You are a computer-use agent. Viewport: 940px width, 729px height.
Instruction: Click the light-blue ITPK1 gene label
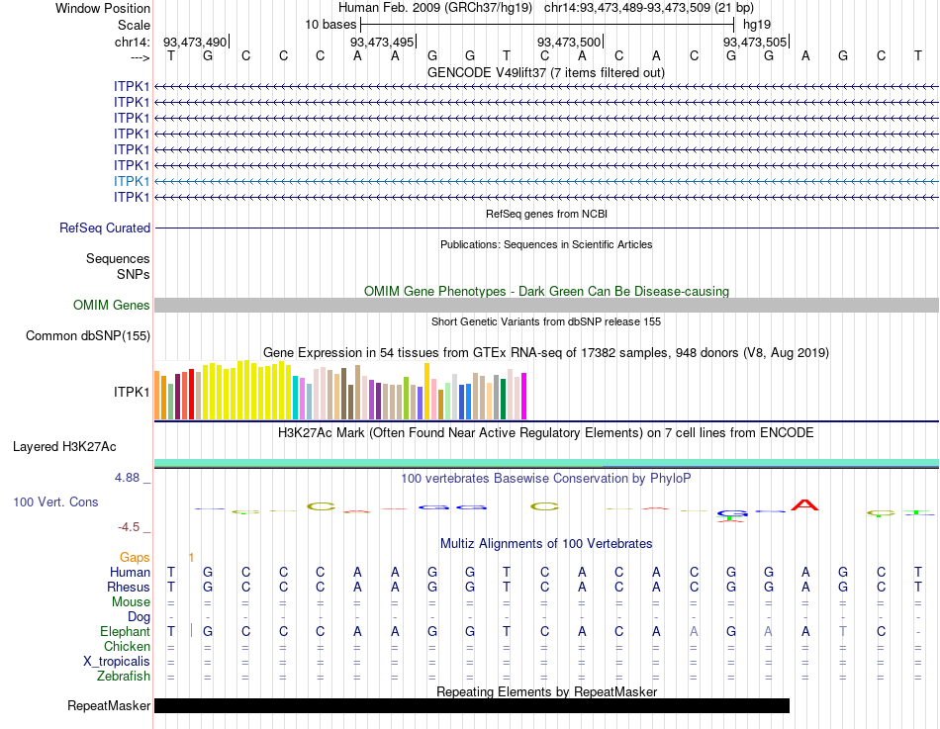click(132, 181)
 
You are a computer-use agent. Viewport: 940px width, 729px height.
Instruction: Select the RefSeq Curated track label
click(105, 228)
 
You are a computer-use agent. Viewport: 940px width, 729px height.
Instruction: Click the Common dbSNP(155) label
click(88, 336)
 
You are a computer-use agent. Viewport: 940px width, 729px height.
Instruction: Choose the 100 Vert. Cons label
click(55, 502)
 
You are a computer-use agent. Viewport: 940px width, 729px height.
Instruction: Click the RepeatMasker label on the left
click(109, 706)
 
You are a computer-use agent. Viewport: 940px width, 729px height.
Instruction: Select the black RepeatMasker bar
click(471, 706)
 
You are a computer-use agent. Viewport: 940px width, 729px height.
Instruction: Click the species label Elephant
click(125, 632)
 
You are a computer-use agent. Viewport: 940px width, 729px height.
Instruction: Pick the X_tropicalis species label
click(117, 662)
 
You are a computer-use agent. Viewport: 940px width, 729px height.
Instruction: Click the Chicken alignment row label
click(127, 647)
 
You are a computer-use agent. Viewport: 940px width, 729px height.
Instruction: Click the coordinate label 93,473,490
click(195, 42)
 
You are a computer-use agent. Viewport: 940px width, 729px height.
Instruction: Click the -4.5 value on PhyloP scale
click(132, 527)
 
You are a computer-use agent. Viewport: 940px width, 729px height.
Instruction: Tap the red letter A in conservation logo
click(806, 506)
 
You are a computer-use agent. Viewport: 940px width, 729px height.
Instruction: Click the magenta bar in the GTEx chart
click(523, 396)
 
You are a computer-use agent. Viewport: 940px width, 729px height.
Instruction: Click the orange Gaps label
click(135, 558)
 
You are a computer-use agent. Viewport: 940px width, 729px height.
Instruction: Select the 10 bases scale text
click(329, 24)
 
